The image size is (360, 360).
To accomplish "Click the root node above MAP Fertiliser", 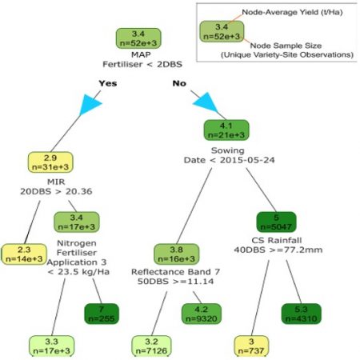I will (x=139, y=38).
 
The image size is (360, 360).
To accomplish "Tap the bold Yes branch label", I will (x=109, y=82).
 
